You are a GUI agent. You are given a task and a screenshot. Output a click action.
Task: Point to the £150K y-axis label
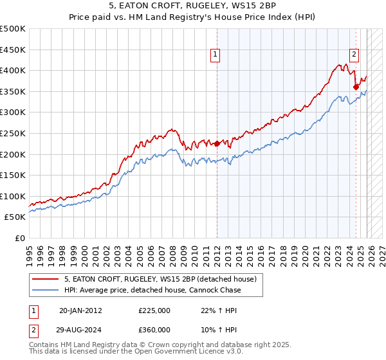coord(13,175)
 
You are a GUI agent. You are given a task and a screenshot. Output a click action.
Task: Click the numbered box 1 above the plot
coord(215,55)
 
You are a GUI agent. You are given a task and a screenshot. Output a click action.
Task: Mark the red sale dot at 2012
coord(217,143)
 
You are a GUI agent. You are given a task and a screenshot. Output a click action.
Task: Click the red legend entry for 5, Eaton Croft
coord(160,279)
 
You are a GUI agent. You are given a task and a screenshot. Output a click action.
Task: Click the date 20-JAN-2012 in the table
coord(80,310)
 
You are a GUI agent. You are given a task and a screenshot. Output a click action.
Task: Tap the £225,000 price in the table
coord(154,310)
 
